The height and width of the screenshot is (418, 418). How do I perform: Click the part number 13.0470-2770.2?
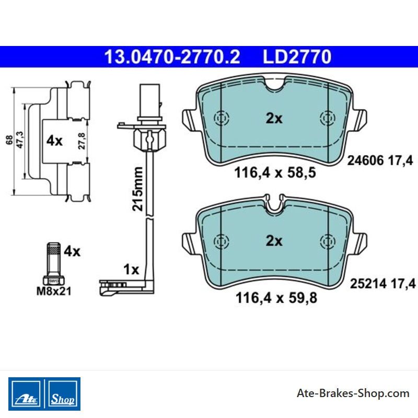point(172,57)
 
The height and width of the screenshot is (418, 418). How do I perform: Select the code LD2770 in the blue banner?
point(297,57)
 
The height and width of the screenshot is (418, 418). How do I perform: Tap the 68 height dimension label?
point(9,140)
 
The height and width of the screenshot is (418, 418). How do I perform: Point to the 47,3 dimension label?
point(20,140)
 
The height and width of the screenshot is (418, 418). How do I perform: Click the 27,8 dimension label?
point(82,141)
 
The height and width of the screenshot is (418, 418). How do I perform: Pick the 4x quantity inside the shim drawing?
point(54,141)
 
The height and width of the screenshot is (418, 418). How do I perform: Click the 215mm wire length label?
point(138,189)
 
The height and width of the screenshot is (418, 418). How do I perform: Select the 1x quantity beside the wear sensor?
point(131,270)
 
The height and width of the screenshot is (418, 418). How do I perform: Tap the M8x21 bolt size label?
point(54,291)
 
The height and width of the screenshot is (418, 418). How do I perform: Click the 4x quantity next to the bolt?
point(72,251)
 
